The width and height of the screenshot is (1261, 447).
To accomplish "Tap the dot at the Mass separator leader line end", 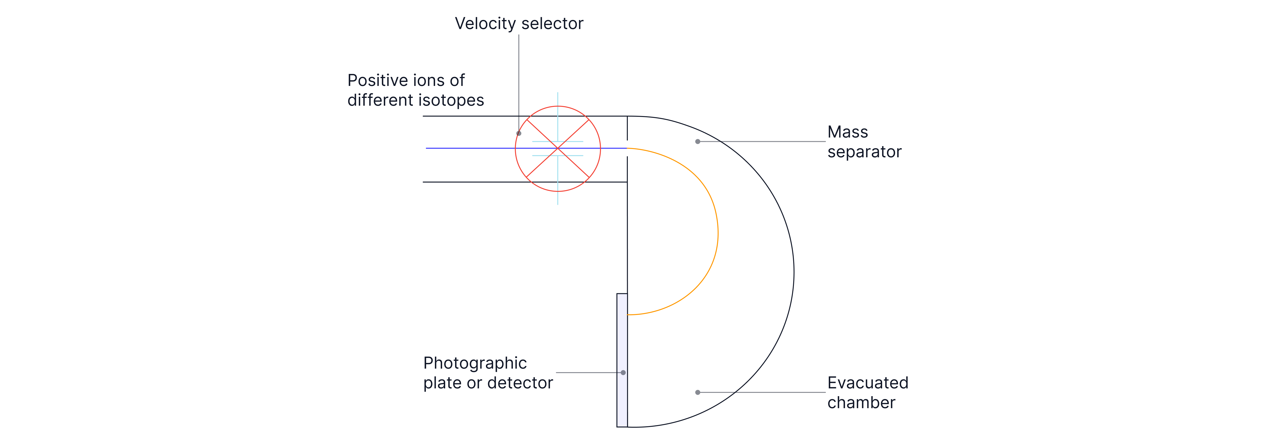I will point(698,141).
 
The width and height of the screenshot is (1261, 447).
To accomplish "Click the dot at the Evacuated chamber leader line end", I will point(698,392).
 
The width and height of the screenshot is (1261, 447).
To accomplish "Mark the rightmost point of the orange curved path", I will point(718,232).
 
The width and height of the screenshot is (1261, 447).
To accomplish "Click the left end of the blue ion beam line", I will point(426,148).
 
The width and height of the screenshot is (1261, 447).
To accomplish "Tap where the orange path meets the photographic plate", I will point(627,314).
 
